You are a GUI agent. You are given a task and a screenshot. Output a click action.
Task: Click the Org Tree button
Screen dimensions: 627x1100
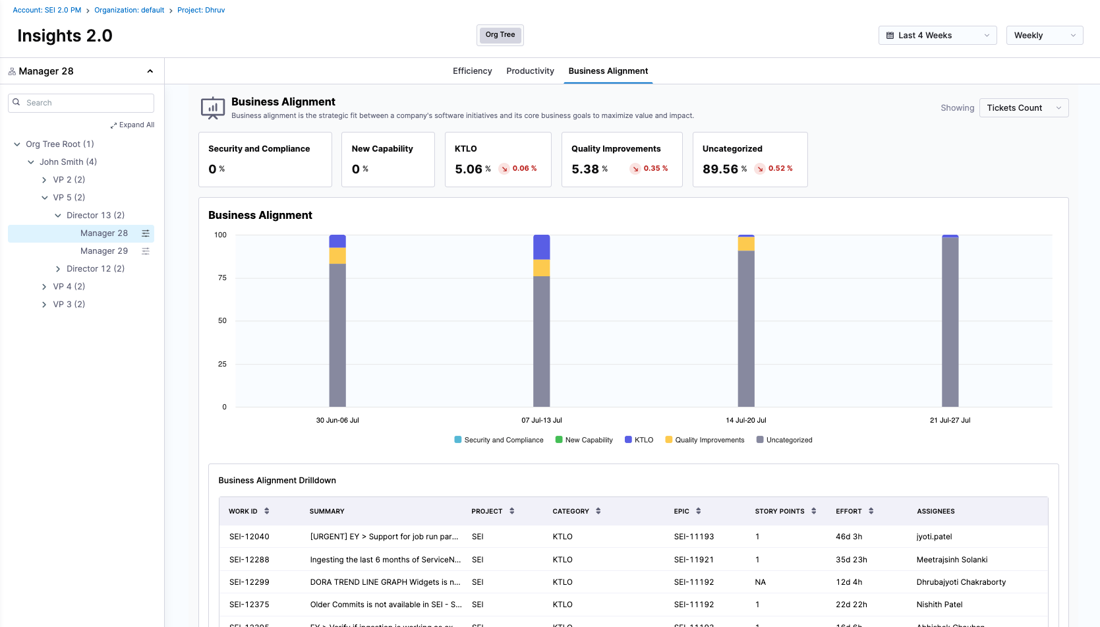click(500, 35)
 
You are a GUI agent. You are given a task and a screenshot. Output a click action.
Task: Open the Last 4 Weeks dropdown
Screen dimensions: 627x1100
click(937, 36)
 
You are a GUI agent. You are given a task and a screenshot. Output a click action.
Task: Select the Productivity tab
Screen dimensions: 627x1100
click(530, 71)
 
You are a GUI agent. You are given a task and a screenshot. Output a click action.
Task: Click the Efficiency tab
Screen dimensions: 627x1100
click(472, 71)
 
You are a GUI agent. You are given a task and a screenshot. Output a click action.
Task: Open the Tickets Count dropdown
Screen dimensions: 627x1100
click(1023, 108)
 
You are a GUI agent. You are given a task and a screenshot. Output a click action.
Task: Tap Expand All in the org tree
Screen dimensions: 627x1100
click(133, 125)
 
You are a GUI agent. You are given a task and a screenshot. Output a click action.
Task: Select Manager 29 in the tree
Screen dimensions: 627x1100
click(104, 251)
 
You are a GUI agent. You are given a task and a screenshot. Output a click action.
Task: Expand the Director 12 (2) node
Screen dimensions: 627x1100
click(58, 269)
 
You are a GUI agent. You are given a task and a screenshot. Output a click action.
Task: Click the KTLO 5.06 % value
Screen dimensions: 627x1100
click(469, 169)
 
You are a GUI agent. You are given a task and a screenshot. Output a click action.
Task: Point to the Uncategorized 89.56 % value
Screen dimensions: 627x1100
click(720, 169)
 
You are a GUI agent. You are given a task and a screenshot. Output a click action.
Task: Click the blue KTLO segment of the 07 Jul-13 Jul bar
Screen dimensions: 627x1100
click(541, 247)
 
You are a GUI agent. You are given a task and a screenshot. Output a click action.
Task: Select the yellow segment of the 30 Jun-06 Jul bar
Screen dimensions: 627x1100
click(337, 256)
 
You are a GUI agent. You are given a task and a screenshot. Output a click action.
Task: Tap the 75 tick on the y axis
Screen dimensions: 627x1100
click(222, 278)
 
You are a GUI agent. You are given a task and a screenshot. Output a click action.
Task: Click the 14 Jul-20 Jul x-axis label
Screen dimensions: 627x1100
click(745, 421)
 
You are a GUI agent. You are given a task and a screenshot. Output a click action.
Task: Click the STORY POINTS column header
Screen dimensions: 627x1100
click(780, 512)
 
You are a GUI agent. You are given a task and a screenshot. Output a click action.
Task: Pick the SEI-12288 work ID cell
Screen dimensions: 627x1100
click(249, 560)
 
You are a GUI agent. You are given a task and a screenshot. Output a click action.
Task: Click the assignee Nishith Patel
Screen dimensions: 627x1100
click(939, 605)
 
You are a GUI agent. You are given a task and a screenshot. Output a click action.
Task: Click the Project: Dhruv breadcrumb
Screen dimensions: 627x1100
click(201, 11)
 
